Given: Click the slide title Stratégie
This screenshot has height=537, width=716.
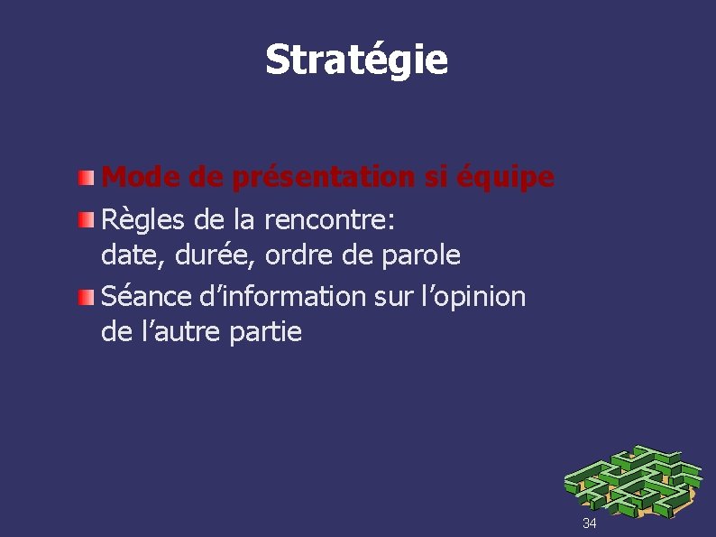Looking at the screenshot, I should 356,60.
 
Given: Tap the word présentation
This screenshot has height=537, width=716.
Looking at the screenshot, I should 326,178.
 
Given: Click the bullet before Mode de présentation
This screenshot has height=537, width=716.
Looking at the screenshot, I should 84,178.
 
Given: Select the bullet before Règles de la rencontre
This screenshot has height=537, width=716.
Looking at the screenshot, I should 84,218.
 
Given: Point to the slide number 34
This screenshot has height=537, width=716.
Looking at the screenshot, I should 589,523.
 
